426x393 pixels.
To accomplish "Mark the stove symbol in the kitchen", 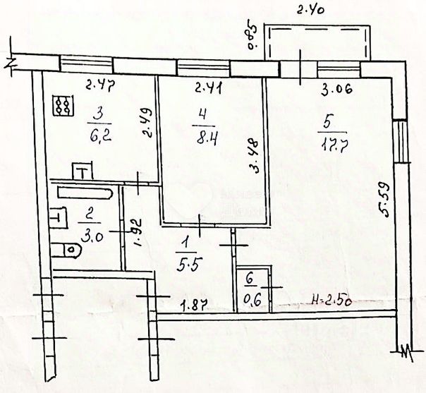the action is pyautogui.click(x=63, y=107).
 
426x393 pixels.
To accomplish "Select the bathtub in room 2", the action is pyautogui.click(x=85, y=192).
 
